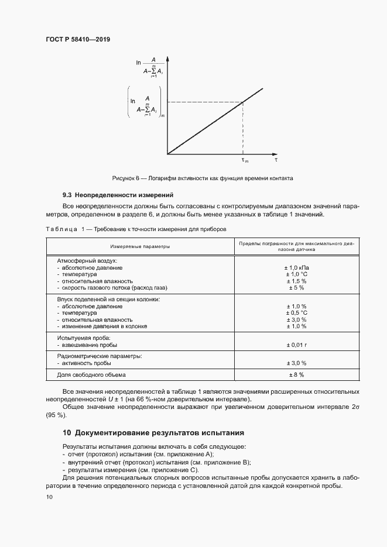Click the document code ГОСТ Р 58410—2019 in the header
[78, 39]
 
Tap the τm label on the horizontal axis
[245, 160]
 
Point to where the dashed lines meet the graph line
[244, 103]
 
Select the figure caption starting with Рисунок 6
[202, 178]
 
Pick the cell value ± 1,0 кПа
[296, 267]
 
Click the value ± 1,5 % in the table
[296, 281]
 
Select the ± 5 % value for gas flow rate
[296, 288]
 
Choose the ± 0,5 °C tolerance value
[296, 313]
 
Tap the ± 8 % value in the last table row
[296, 374]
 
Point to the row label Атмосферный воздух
[87, 260]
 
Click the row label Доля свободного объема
[91, 374]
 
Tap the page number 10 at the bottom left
[49, 497]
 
